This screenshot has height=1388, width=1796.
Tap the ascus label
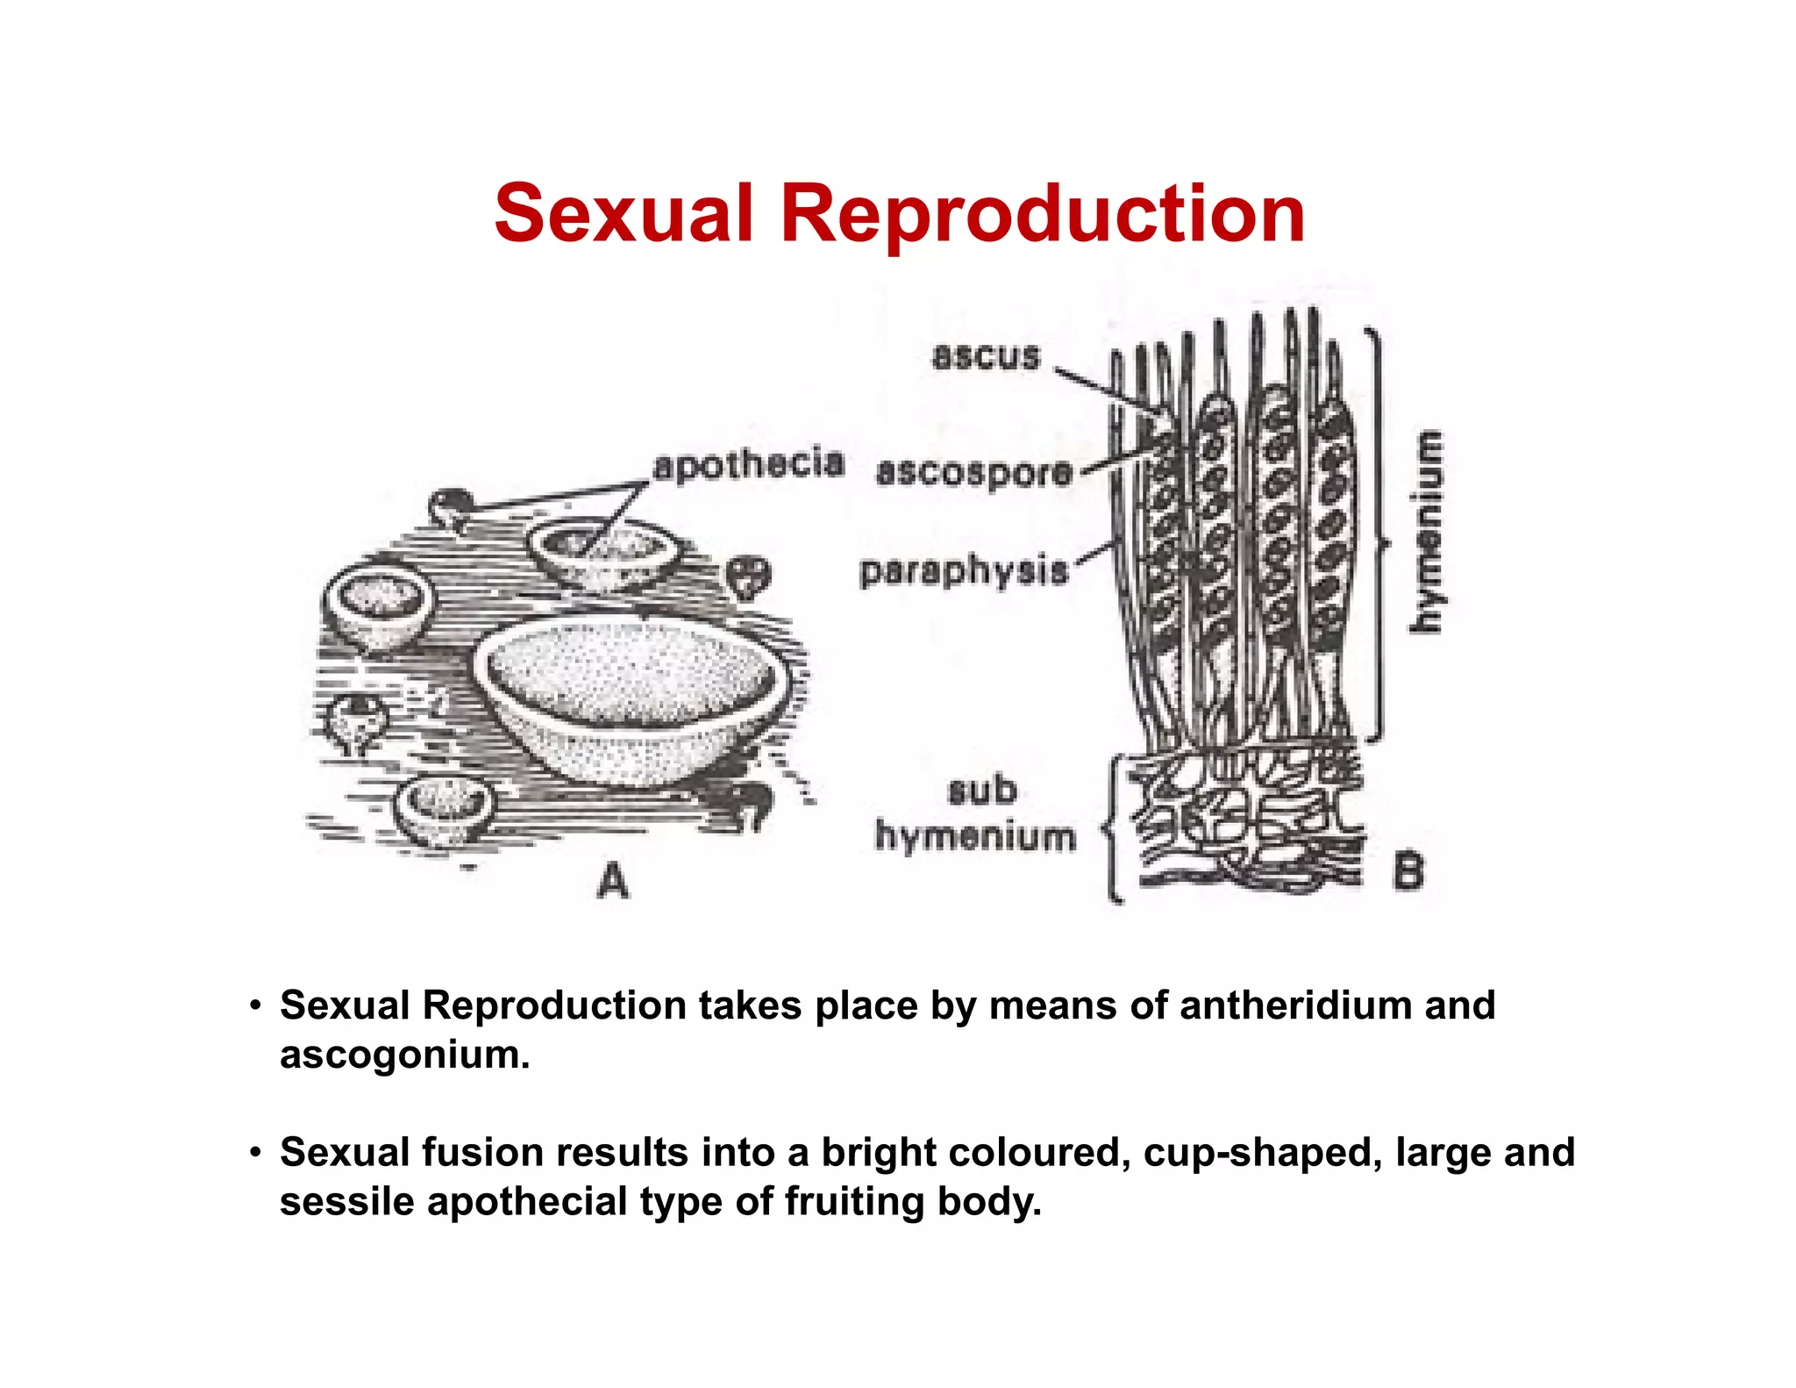[986, 356]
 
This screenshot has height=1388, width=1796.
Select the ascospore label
[974, 472]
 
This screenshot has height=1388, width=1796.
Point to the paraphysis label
[964, 570]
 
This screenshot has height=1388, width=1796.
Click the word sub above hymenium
[982, 791]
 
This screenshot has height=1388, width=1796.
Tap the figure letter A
[613, 880]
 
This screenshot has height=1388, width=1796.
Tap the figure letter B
[1408, 871]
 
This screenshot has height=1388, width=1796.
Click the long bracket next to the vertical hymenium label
[1379, 535]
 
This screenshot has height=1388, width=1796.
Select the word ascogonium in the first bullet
[404, 1055]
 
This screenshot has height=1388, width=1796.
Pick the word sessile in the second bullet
[346, 1202]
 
